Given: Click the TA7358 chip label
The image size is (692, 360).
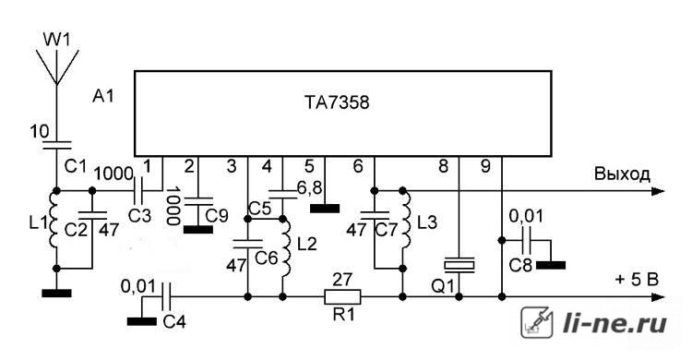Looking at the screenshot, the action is (x=337, y=102).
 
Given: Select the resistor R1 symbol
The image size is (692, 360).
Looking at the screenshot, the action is (x=342, y=297).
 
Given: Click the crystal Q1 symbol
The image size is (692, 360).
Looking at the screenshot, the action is (x=459, y=264).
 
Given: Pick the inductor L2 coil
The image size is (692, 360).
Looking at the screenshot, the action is (x=287, y=246).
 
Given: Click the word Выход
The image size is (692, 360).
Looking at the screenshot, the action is (x=622, y=174).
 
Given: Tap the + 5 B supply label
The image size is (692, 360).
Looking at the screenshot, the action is (x=637, y=280).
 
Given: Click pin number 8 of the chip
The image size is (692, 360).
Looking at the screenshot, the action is (x=443, y=166).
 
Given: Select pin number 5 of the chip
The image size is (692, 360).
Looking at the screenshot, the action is (x=309, y=166).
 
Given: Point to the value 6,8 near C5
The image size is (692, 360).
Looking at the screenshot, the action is (x=309, y=188).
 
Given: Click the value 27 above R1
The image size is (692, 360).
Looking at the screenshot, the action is (x=342, y=279).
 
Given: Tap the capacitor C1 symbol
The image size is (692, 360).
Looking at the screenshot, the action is (x=57, y=145).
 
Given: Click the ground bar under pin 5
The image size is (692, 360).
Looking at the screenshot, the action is (x=325, y=209).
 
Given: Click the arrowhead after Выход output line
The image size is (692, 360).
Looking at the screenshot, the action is (x=658, y=191).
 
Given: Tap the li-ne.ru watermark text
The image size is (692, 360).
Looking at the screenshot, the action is (x=614, y=323).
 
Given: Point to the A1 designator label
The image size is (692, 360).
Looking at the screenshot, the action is (x=102, y=96).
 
